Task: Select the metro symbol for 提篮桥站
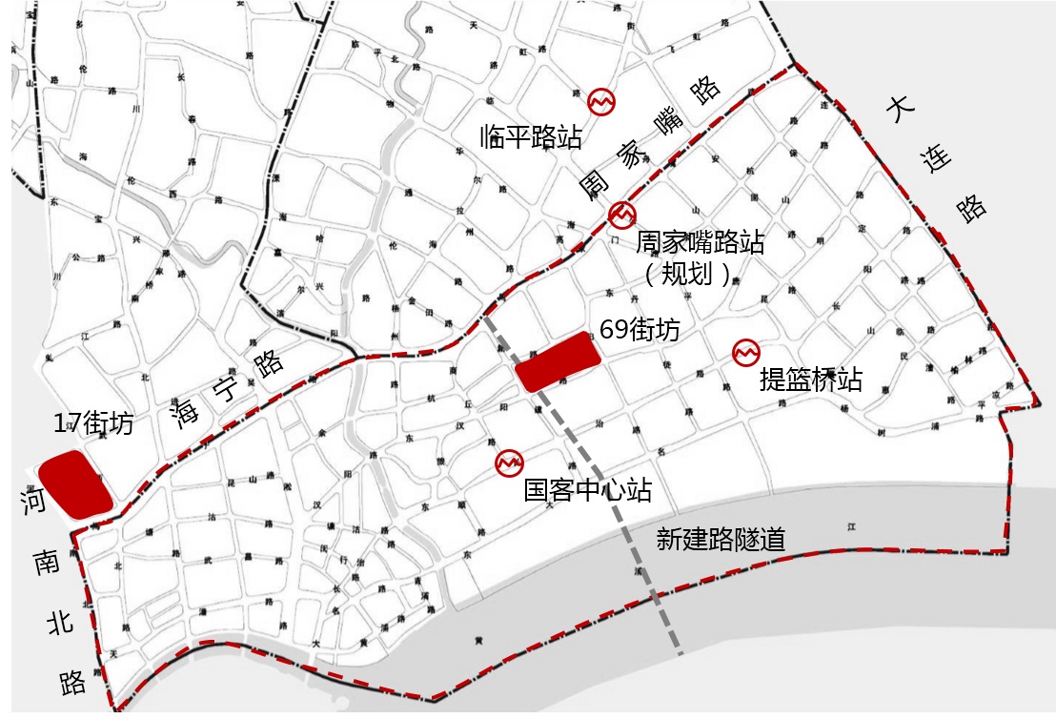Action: pyautogui.click(x=745, y=353)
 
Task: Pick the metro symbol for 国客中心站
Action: pyautogui.click(x=509, y=462)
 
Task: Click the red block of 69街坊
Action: pyautogui.click(x=558, y=361)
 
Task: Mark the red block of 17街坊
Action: pyautogui.click(x=73, y=484)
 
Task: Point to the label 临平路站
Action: pyautogui.click(x=531, y=136)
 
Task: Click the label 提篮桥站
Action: pyautogui.click(x=811, y=380)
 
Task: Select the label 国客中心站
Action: pyautogui.click(x=588, y=491)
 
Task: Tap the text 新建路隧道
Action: pyautogui.click(x=721, y=539)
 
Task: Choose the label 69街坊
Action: pyautogui.click(x=640, y=330)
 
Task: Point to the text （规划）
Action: pyautogui.click(x=688, y=275)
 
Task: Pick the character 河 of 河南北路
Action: pyautogui.click(x=34, y=503)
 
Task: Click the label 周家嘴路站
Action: pyautogui.click(x=700, y=242)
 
